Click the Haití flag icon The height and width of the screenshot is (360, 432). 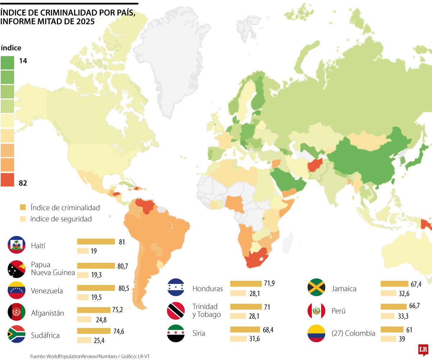pos(16,245)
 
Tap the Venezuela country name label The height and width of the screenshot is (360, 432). pos(47,291)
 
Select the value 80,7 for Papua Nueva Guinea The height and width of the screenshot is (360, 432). pos(122,266)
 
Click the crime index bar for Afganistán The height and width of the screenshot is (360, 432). pos(94,310)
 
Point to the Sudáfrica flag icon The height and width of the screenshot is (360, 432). pos(16,334)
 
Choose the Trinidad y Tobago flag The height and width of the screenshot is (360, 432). pos(176,311)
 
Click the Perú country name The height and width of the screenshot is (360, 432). pos(338,311)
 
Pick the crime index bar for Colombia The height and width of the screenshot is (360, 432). pos(392,329)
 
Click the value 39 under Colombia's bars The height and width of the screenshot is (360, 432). pos(402,339)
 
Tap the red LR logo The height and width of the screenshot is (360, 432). pos(423,350)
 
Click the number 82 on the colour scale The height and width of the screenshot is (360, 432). pos(23,183)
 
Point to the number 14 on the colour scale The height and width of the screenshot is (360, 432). pos(23,61)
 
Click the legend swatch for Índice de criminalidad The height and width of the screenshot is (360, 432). pos(23,207)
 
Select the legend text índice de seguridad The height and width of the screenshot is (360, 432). pos(61,219)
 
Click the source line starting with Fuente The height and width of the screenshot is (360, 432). pos(90,356)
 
